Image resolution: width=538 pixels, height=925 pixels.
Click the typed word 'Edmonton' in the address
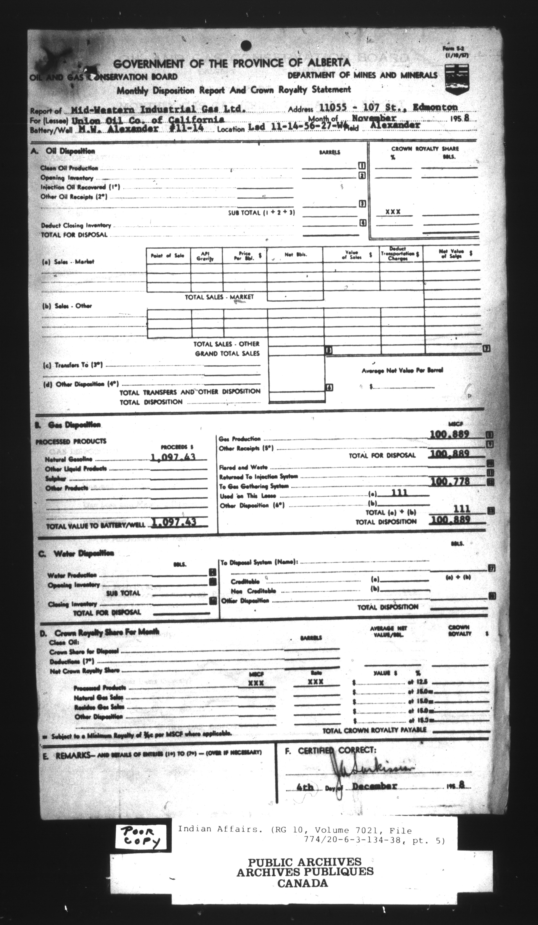[435, 107]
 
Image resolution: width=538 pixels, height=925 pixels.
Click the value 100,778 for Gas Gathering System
[450, 481]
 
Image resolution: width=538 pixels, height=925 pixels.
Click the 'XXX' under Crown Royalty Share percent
[393, 212]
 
